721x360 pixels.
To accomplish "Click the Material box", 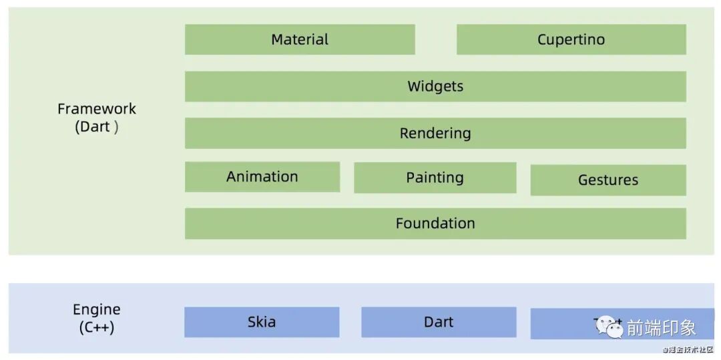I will pos(300,39).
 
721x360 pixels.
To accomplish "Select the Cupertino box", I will pos(571,39).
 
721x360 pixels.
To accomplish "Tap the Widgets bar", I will pos(435,86).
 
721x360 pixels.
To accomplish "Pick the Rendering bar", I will pos(435,133).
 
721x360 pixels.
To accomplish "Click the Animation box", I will pos(262,177).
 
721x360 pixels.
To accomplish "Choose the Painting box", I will pos(435,178).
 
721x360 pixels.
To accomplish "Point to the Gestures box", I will pos(608,180).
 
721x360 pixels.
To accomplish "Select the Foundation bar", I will pos(435,223).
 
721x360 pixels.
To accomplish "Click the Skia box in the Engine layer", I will pos(262,322).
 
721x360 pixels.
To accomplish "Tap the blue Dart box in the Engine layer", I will pos(439,322).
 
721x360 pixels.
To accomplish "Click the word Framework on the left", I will pos(97,109).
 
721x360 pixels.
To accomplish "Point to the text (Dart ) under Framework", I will pos(97,127).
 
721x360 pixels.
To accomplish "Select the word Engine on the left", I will pos(97,310).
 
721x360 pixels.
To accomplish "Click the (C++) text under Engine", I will pos(97,328).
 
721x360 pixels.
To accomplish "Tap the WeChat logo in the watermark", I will pos(610,327).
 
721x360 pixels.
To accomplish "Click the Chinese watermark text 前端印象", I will pos(661,327).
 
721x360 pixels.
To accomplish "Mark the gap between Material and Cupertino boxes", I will pos(436,39).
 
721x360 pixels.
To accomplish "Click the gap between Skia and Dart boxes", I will pos(350,322).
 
